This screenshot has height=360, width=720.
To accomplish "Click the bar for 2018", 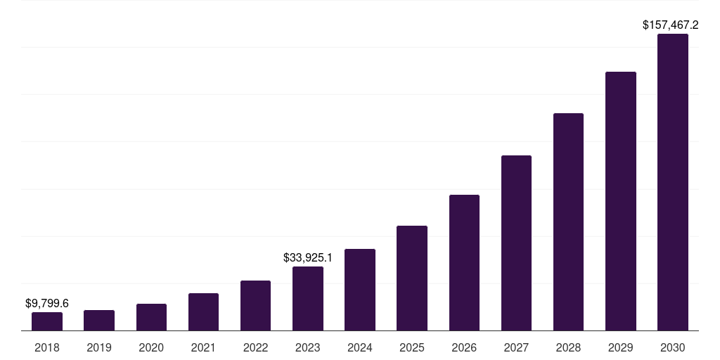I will pos(47,321).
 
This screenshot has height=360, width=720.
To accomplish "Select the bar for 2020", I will pos(151,317).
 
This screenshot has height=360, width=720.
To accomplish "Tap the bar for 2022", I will pos(255,305).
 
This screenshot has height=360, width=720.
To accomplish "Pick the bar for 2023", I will pos(308,298).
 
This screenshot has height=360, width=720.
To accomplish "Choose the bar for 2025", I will pos(412,278).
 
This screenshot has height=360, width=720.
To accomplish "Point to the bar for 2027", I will pos(516,243).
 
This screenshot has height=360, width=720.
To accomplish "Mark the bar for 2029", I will pos(620,201).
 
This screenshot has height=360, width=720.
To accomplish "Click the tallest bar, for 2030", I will pos(672,182).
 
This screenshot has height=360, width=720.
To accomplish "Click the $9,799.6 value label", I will pos(47,303).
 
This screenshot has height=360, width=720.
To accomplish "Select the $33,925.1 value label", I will pos(308,257).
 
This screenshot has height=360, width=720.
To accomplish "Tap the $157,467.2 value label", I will pos(670,25).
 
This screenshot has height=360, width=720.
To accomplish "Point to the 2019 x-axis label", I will pos(99,347).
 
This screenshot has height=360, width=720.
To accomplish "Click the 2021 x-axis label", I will pos(203,347).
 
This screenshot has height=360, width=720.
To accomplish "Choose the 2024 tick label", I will pos(360,347).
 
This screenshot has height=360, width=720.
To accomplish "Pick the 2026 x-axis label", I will pos(464,347).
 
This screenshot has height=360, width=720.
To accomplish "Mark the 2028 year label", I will pos(568,347).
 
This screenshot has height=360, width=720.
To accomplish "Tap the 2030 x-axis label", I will pos(672,347).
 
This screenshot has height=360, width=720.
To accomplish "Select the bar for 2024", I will pos(360,290).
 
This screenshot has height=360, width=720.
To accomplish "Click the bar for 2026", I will pos(464,262).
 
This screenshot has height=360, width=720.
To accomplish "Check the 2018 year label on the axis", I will pos(47,347).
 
